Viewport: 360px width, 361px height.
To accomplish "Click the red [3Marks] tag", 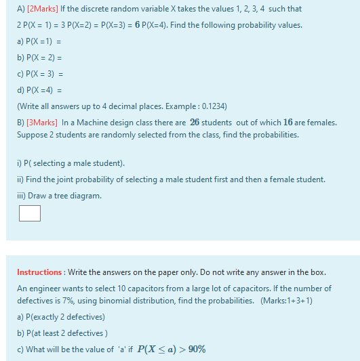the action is [42, 123].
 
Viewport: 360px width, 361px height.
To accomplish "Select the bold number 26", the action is [195, 123].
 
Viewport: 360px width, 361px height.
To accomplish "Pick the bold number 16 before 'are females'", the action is [288, 123].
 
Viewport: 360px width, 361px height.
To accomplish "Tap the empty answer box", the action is [29, 213].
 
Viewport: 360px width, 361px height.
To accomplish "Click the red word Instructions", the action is [39, 272].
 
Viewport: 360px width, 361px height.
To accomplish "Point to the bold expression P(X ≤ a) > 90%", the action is [171, 349].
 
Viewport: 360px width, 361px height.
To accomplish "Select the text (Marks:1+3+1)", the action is [286, 301].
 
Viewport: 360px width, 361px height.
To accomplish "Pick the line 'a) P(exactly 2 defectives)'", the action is [61, 317].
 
